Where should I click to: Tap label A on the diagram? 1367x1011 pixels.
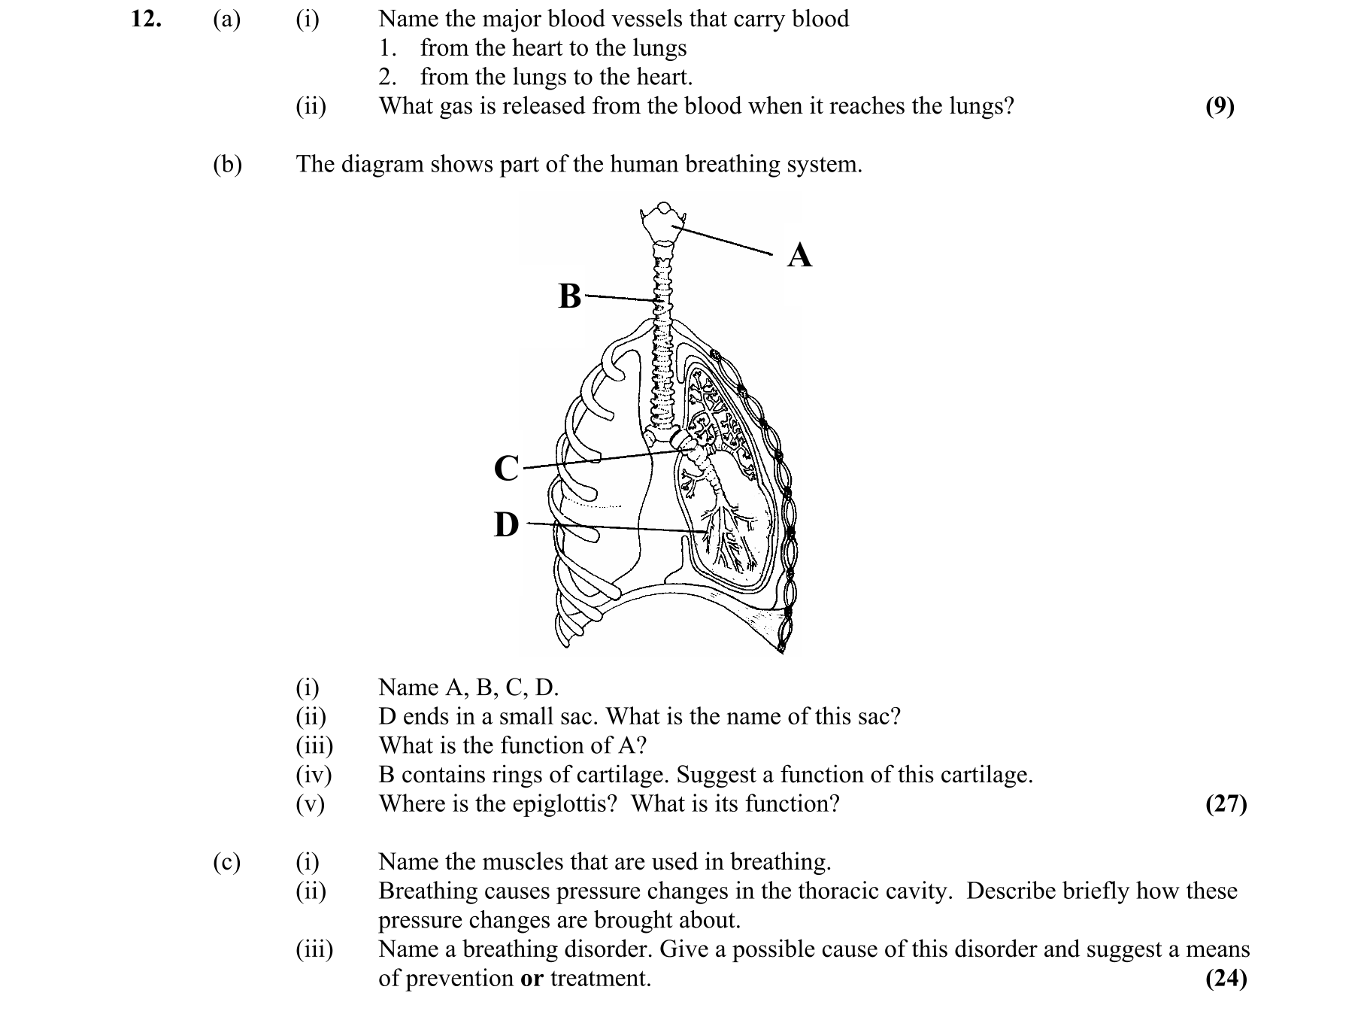(x=799, y=255)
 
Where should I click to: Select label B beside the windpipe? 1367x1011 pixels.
(x=570, y=296)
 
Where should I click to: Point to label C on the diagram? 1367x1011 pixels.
(x=506, y=468)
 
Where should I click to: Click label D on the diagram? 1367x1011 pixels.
(x=506, y=524)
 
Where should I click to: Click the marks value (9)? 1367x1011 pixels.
(x=1219, y=107)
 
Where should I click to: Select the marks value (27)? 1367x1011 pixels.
(x=1226, y=804)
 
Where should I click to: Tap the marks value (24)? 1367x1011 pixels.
(x=1226, y=979)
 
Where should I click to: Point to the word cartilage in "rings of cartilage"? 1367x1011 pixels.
(x=614, y=775)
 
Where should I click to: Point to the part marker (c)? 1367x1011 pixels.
(x=226, y=862)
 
